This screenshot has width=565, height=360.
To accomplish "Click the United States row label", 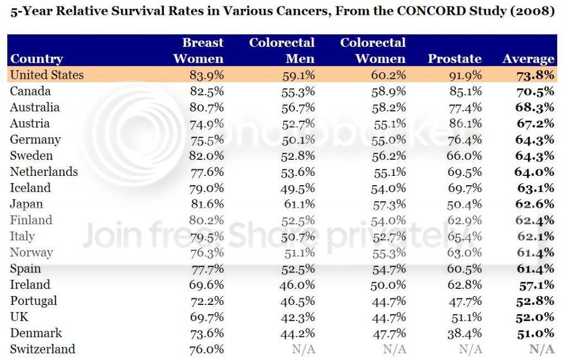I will pyautogui.click(x=47, y=75).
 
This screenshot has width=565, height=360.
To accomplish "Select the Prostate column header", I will pyautogui.click(x=455, y=59).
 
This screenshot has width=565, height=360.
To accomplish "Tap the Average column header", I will pyautogui.click(x=528, y=59).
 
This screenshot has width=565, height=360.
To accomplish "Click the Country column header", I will pyautogui.click(x=36, y=59).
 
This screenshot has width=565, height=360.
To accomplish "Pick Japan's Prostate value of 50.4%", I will pyautogui.click(x=464, y=204).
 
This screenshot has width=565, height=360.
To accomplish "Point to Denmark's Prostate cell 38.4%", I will pyautogui.click(x=464, y=333).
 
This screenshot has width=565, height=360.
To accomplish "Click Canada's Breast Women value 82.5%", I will pyautogui.click(x=205, y=91).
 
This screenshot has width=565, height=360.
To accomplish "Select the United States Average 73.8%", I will pyautogui.click(x=535, y=75).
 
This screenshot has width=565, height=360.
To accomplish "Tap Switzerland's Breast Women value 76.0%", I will pyautogui.click(x=205, y=349).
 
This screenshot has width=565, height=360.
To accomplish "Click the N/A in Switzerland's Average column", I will pyautogui.click(x=541, y=349).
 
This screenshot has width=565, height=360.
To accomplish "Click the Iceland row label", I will pyautogui.click(x=30, y=188).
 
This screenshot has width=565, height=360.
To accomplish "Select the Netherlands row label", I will pyautogui.click(x=44, y=171).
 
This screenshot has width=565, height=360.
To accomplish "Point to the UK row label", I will pyautogui.click(x=19, y=317).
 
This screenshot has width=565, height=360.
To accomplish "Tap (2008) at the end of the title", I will pyautogui.click(x=534, y=12).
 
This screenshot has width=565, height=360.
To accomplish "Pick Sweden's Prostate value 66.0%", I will pyautogui.click(x=464, y=155).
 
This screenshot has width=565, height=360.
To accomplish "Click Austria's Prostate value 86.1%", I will pyautogui.click(x=464, y=123).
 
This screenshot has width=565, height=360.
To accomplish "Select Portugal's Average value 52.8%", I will pyautogui.click(x=535, y=301).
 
